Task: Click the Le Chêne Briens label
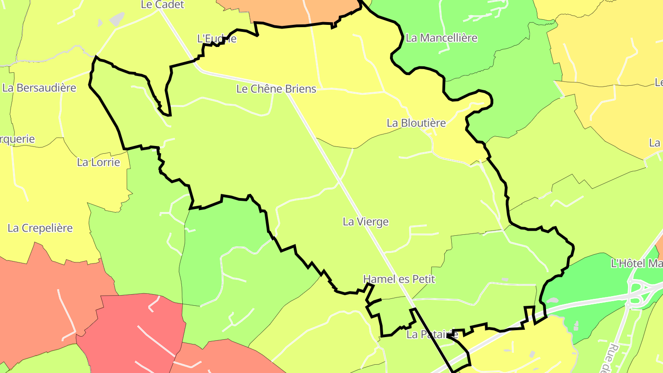click(276, 89)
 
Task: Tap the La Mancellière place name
click(442, 38)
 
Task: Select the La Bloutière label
click(416, 123)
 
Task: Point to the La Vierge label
click(366, 222)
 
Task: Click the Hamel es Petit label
click(399, 279)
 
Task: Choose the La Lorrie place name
click(99, 162)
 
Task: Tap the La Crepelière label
click(41, 228)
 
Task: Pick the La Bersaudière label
click(39, 88)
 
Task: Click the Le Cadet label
click(163, 5)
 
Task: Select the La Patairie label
click(432, 335)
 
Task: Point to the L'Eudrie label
click(217, 39)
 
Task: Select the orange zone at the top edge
click(285, 12)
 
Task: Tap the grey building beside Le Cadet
click(117, 18)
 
